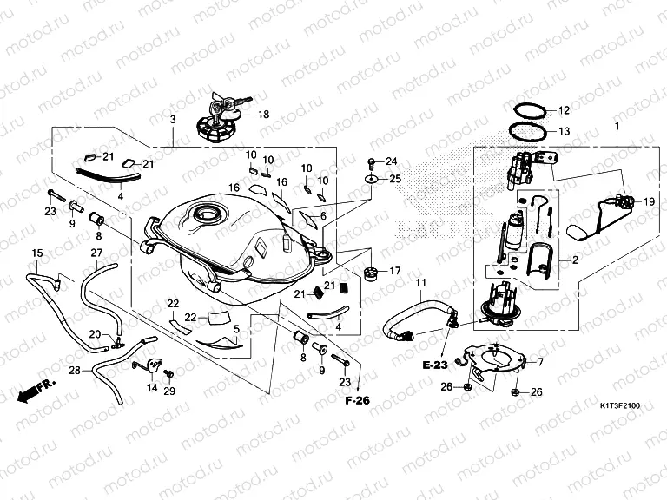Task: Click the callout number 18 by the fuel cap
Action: click(x=263, y=114)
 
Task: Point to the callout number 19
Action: click(x=647, y=201)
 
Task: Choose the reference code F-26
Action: click(x=356, y=401)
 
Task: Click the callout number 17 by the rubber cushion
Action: click(x=394, y=271)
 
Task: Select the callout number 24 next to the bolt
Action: click(x=391, y=161)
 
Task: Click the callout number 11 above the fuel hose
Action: click(x=420, y=284)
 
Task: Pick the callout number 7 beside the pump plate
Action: click(x=540, y=362)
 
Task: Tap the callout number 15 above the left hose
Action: click(x=36, y=253)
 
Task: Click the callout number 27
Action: click(x=96, y=253)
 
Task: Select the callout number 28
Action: click(x=75, y=371)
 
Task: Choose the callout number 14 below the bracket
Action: click(x=152, y=388)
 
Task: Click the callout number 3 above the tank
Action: click(x=173, y=119)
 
